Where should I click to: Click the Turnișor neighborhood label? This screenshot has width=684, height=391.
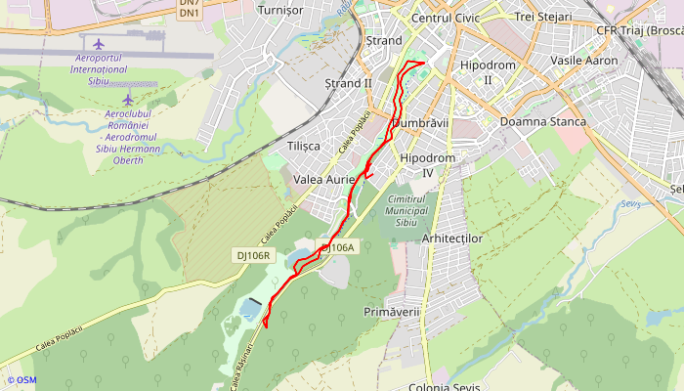pyautogui.click(x=279, y=10)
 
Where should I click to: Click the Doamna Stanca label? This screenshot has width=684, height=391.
pyautogui.click(x=542, y=121)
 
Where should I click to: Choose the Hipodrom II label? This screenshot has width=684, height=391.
pyautogui.click(x=487, y=71)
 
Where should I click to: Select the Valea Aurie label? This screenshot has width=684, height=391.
pyautogui.click(x=323, y=180)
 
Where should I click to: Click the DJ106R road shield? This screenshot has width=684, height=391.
pyautogui.click(x=254, y=255)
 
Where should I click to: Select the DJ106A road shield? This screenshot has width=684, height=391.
pyautogui.click(x=337, y=248)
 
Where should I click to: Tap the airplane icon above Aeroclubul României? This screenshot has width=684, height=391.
pyautogui.click(x=128, y=99)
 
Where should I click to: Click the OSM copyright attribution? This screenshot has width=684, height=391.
pyautogui.click(x=21, y=379)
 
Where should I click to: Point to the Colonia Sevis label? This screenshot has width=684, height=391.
pyautogui.click(x=444, y=386)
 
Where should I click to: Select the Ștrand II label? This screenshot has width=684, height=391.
pyautogui.click(x=348, y=83)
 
